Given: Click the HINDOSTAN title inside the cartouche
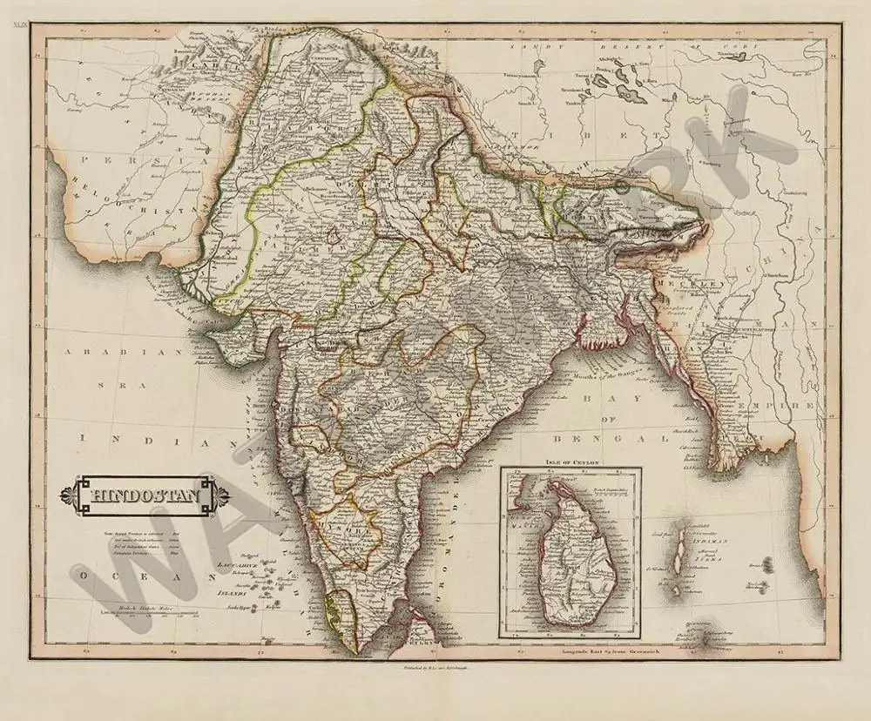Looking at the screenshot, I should coord(145,498).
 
